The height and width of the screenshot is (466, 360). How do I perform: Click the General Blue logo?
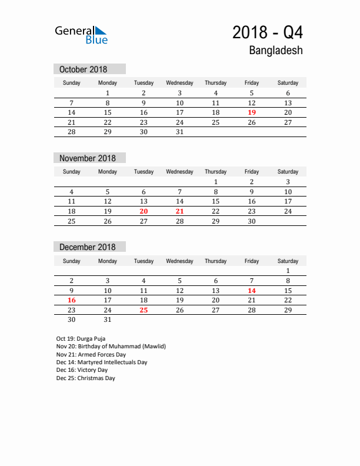pos(81,35)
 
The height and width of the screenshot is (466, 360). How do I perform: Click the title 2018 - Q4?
pos(268,32)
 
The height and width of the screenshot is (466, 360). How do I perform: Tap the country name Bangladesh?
pos(276,51)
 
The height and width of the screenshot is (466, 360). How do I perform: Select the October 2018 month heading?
pos(83,69)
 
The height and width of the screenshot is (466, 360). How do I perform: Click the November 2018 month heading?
pos(88,158)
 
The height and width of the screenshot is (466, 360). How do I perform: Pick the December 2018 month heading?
pos(88,247)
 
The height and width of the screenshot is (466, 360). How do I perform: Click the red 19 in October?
pos(252,112)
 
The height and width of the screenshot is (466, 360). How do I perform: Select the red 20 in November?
pos(144,211)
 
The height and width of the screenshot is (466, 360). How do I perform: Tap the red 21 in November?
pos(179,211)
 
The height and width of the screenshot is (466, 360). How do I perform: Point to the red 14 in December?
pos(252,291)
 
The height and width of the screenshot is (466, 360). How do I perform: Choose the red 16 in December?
pos(72,300)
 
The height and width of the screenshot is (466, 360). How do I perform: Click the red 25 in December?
pos(144,310)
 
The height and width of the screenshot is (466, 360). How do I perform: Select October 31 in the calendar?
pos(179,132)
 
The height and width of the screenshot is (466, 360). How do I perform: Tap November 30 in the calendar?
pos(252,221)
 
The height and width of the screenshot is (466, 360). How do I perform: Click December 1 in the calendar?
pos(288,271)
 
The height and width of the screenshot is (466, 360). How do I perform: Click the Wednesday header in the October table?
pos(179,83)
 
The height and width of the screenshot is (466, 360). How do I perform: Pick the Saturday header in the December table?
pos(288,261)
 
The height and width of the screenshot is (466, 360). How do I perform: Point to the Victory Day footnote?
pos(82,370)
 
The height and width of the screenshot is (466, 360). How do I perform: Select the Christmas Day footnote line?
pos(86,378)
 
